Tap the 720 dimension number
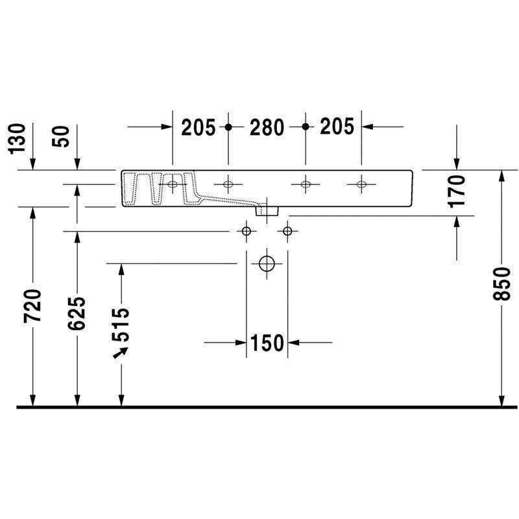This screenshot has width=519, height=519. pos(32,306)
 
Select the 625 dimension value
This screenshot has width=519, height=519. pos(77,313)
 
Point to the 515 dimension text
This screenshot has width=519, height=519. pos(121,325)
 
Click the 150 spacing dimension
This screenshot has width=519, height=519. pos(267,343)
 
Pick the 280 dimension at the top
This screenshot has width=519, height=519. pos(267,127)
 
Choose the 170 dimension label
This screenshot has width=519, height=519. pos(457,191)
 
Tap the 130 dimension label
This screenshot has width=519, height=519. pos(17,139)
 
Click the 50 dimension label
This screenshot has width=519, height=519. pos(61,136)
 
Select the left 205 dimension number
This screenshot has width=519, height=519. pos(199,127)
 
